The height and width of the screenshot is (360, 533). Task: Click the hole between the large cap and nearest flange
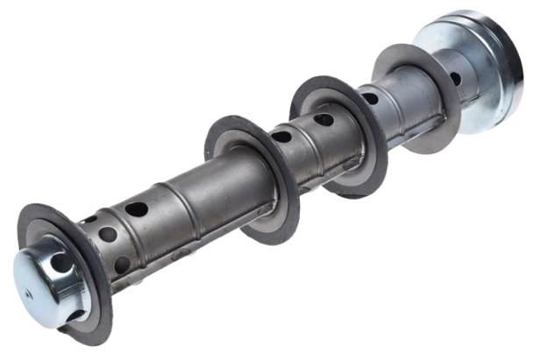tap(455, 78)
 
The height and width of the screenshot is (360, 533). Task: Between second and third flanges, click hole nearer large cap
tap(323, 119)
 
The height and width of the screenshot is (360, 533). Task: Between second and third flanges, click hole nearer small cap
tap(281, 137)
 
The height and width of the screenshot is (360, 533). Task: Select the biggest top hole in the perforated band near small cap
tap(136, 209)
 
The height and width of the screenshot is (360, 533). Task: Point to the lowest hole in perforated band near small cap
tap(122, 264)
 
